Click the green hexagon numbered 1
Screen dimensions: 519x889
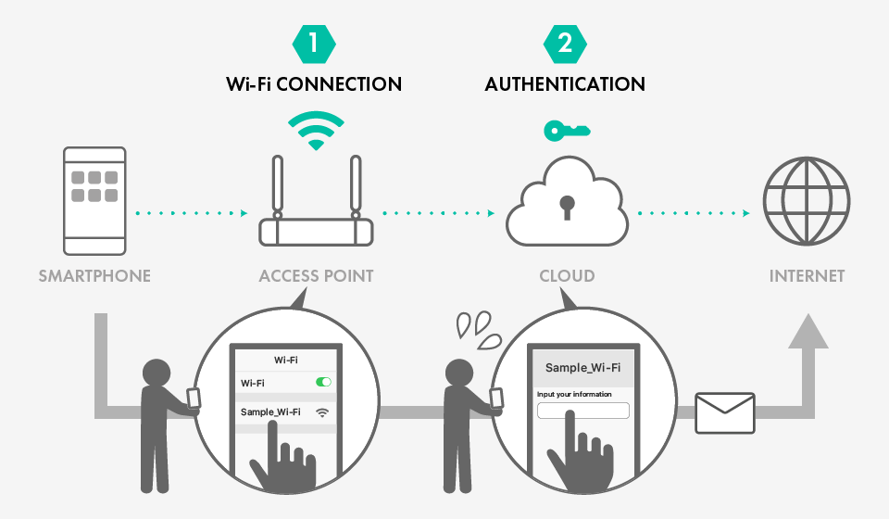(315, 43)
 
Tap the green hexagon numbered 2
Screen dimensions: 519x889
(565, 43)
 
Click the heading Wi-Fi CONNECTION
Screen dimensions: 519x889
(314, 84)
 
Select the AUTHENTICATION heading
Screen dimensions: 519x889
(565, 84)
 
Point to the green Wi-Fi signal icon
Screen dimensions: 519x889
(316, 131)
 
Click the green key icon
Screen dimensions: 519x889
(566, 131)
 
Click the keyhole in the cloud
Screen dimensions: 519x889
(566, 206)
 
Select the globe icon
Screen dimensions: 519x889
(806, 201)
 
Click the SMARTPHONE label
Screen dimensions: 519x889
(94, 276)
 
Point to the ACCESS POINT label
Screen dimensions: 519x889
(316, 276)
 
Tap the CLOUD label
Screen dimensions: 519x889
(567, 276)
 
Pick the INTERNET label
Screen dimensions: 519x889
(807, 276)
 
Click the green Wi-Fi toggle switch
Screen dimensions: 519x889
(323, 382)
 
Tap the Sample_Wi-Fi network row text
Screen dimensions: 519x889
(270, 411)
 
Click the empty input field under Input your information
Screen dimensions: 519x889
(582, 411)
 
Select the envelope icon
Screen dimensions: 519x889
(725, 411)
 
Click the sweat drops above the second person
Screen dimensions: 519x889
(475, 326)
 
